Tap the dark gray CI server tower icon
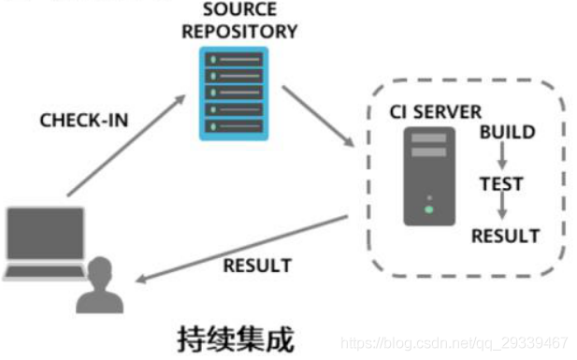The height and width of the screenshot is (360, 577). pyautogui.click(x=429, y=176)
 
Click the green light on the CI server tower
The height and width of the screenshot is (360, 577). pyautogui.click(x=429, y=209)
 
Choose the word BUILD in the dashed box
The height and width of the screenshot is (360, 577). pyautogui.click(x=507, y=132)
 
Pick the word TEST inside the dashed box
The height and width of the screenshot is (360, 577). pyautogui.click(x=501, y=183)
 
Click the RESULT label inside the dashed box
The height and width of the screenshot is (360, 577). pyautogui.click(x=505, y=236)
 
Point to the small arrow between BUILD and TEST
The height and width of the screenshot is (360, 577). pyautogui.click(x=501, y=158)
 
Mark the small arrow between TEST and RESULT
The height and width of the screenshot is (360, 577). pyautogui.click(x=501, y=209)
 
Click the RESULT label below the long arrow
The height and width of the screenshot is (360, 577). pyautogui.click(x=257, y=266)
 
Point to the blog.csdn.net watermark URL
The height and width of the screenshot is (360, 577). pyautogui.click(x=455, y=342)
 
